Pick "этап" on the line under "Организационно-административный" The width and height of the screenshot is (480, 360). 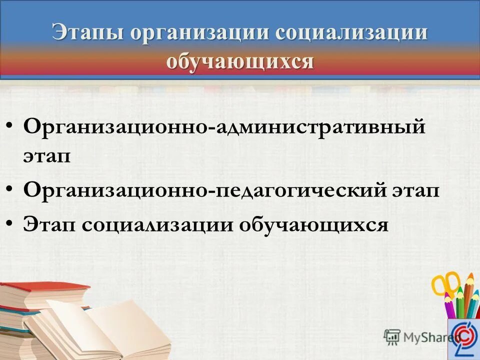47,155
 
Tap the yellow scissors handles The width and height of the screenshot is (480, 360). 445,282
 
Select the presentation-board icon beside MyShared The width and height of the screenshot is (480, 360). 392,336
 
